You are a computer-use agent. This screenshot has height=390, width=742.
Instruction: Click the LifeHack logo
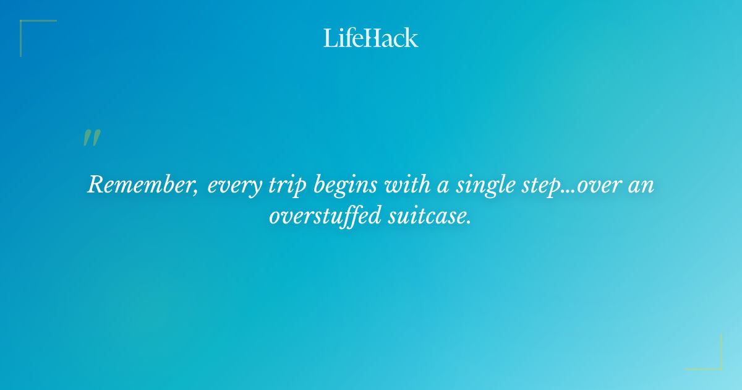[x=371, y=38]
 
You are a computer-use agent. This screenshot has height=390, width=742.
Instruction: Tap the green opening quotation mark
[x=92, y=138]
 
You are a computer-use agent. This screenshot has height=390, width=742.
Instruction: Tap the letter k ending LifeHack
[x=411, y=38]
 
